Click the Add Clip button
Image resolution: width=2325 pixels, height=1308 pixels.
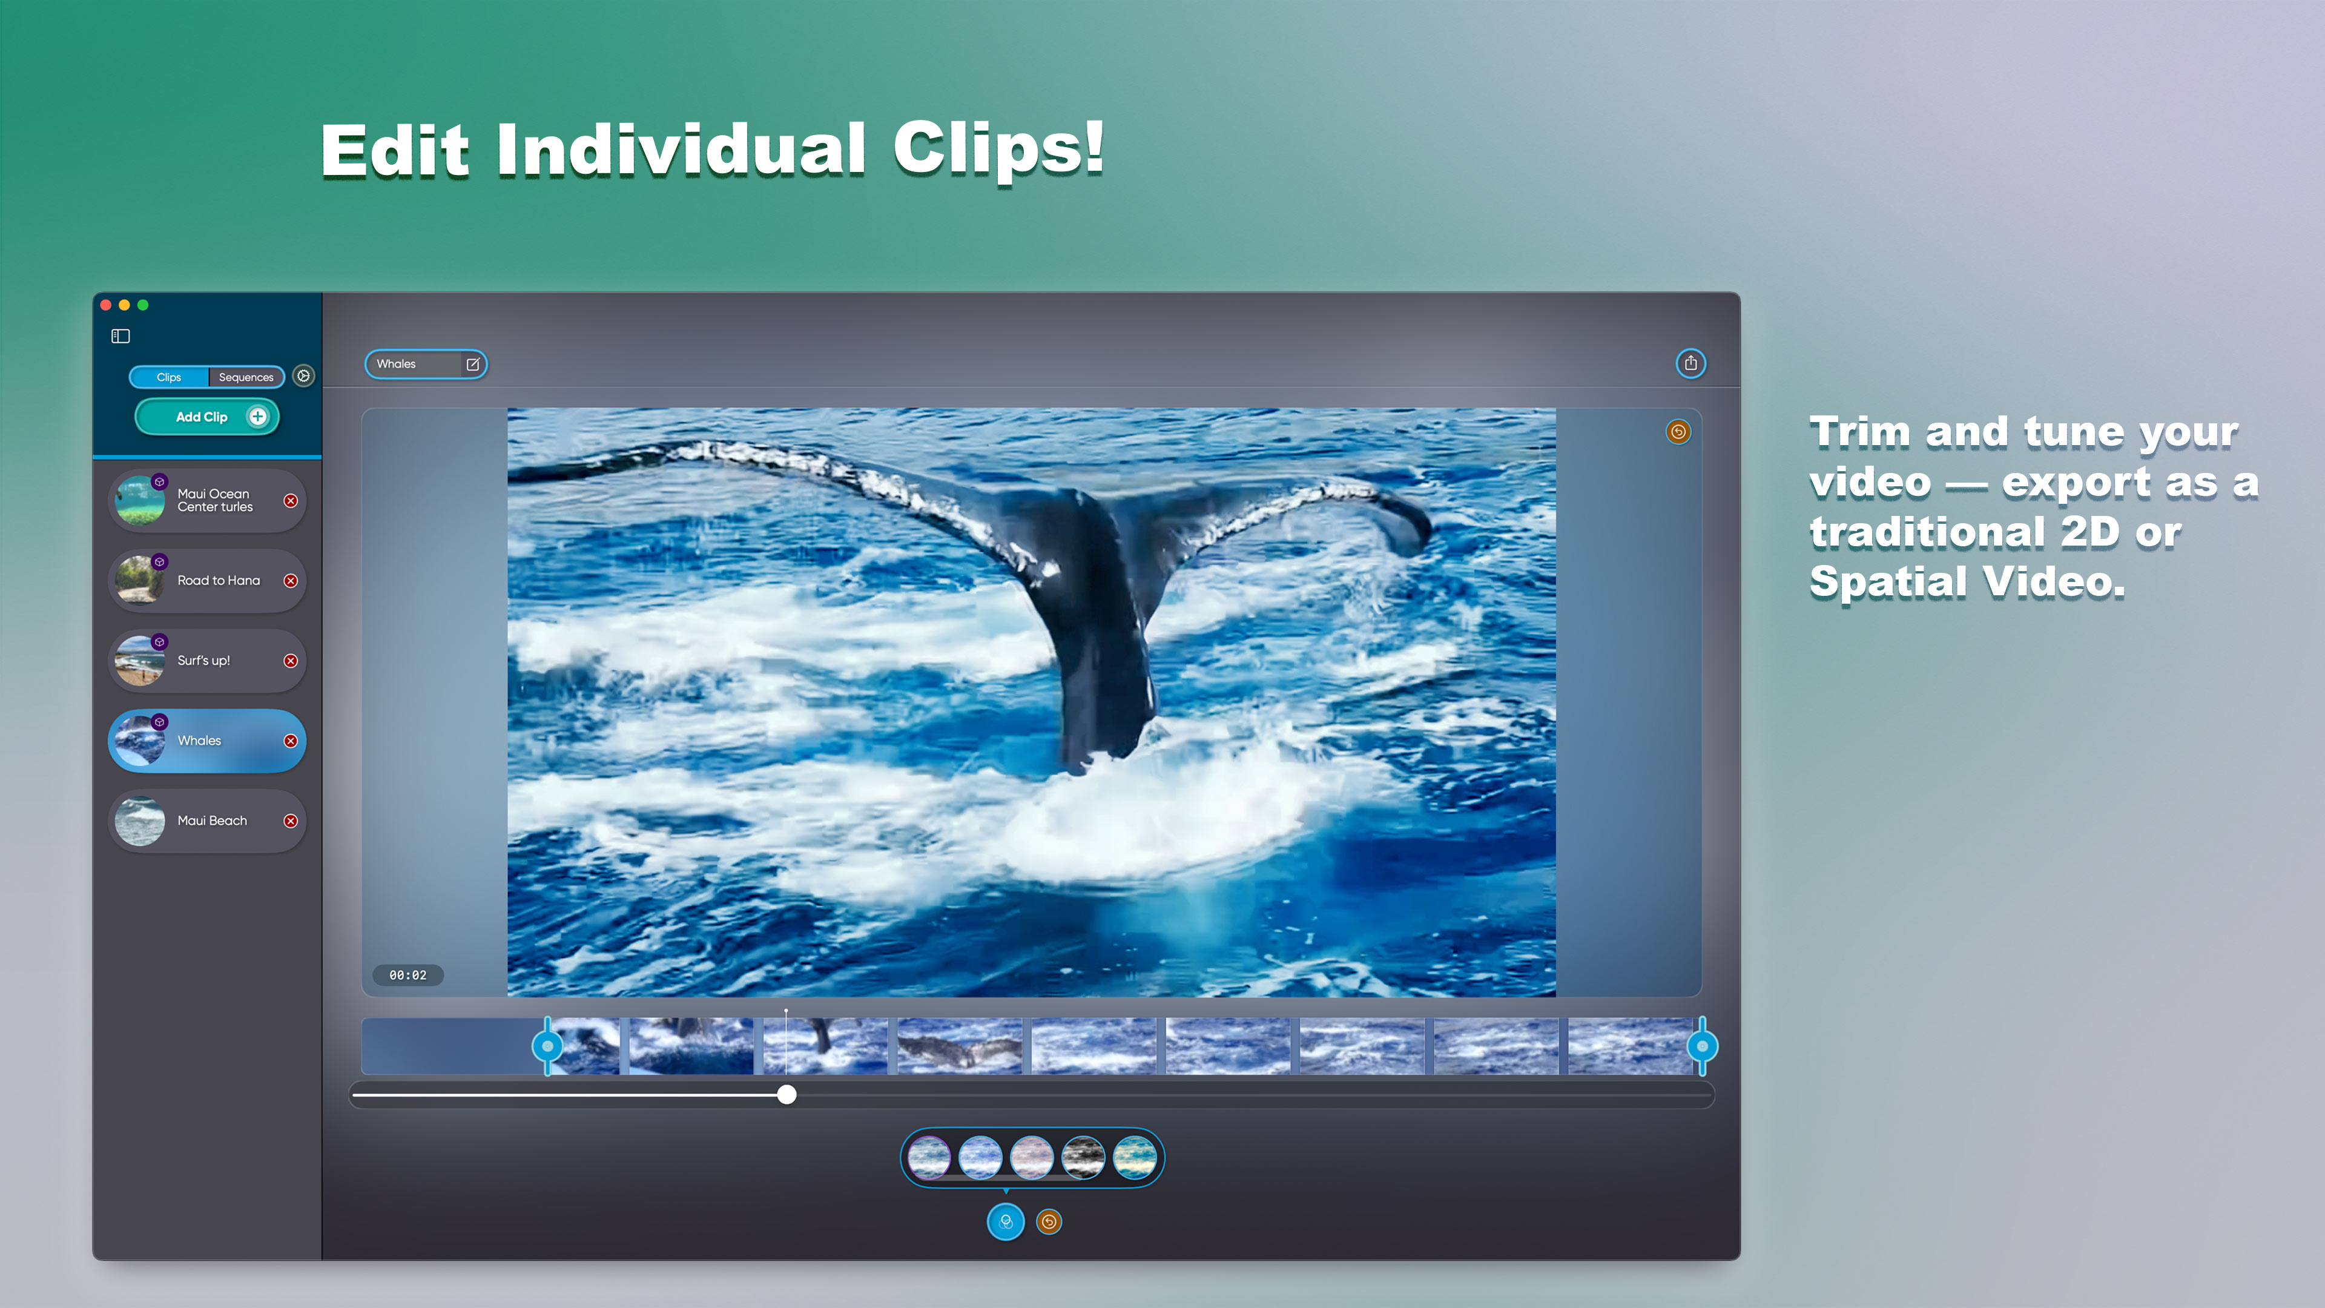pyautogui.click(x=206, y=417)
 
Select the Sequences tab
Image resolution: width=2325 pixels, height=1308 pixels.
pyautogui.click(x=245, y=377)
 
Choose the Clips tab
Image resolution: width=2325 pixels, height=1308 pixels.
pyautogui.click(x=169, y=377)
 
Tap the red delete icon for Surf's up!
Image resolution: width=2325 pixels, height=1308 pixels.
pyautogui.click(x=291, y=661)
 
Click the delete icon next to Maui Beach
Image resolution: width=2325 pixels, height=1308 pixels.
pyautogui.click(x=291, y=821)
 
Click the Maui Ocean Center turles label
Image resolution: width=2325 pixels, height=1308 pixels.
pyautogui.click(x=215, y=500)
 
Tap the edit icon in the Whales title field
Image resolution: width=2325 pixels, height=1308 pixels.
pyautogui.click(x=473, y=365)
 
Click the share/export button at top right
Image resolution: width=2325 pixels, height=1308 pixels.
pyautogui.click(x=1690, y=363)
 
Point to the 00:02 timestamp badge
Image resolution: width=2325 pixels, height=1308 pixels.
pyautogui.click(x=408, y=975)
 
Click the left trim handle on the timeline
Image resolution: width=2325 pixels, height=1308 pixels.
pyautogui.click(x=547, y=1046)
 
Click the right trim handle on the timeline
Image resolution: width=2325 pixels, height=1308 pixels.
pyautogui.click(x=1702, y=1046)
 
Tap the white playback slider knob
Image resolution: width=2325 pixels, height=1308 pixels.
pyautogui.click(x=787, y=1095)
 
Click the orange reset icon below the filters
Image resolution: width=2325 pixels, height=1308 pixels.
pyautogui.click(x=1049, y=1222)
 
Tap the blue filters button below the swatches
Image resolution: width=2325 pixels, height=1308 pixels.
pyautogui.click(x=1006, y=1222)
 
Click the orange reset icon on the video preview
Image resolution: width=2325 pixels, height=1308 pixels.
pyautogui.click(x=1678, y=432)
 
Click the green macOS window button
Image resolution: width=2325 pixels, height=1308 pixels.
pyautogui.click(x=143, y=305)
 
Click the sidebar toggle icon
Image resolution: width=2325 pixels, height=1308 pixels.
pyautogui.click(x=120, y=337)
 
